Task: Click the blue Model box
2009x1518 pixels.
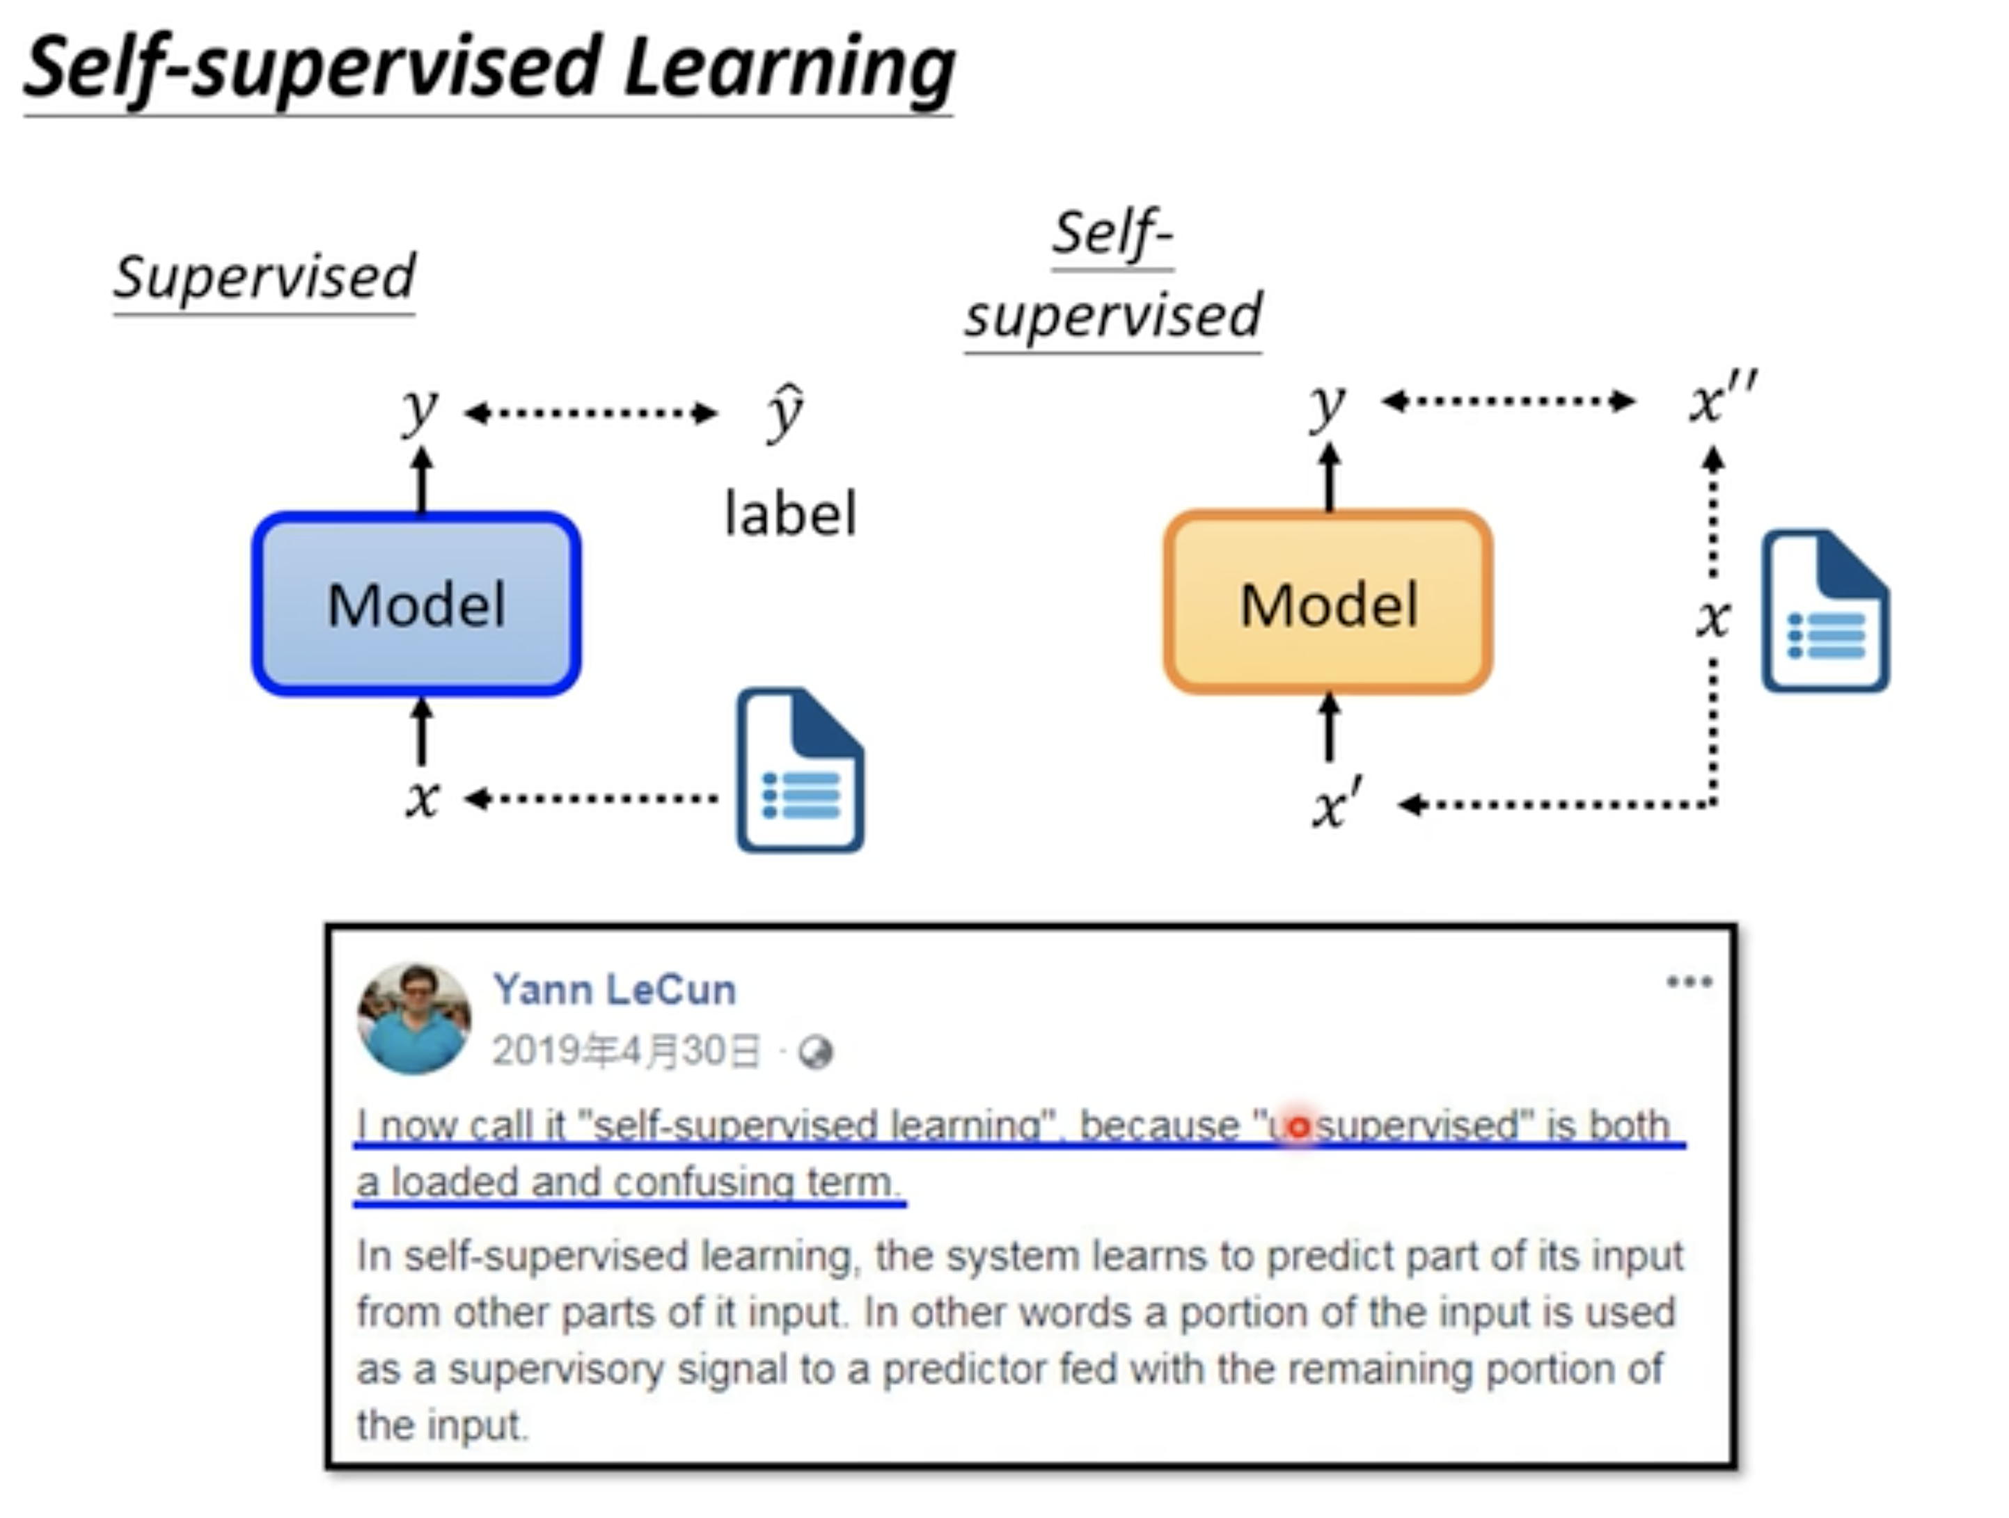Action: [x=416, y=605]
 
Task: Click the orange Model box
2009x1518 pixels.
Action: [x=1327, y=603]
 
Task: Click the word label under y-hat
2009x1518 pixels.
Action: [x=790, y=514]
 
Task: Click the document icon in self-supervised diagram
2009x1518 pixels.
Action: [x=1825, y=612]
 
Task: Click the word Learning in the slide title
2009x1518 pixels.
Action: [x=788, y=69]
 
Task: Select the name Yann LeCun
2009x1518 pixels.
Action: [x=614, y=989]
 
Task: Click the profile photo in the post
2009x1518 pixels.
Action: [x=414, y=1018]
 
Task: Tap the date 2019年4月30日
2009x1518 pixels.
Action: [x=626, y=1051]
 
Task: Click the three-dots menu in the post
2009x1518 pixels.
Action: [x=1689, y=982]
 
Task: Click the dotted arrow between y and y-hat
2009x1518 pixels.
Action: [x=590, y=414]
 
